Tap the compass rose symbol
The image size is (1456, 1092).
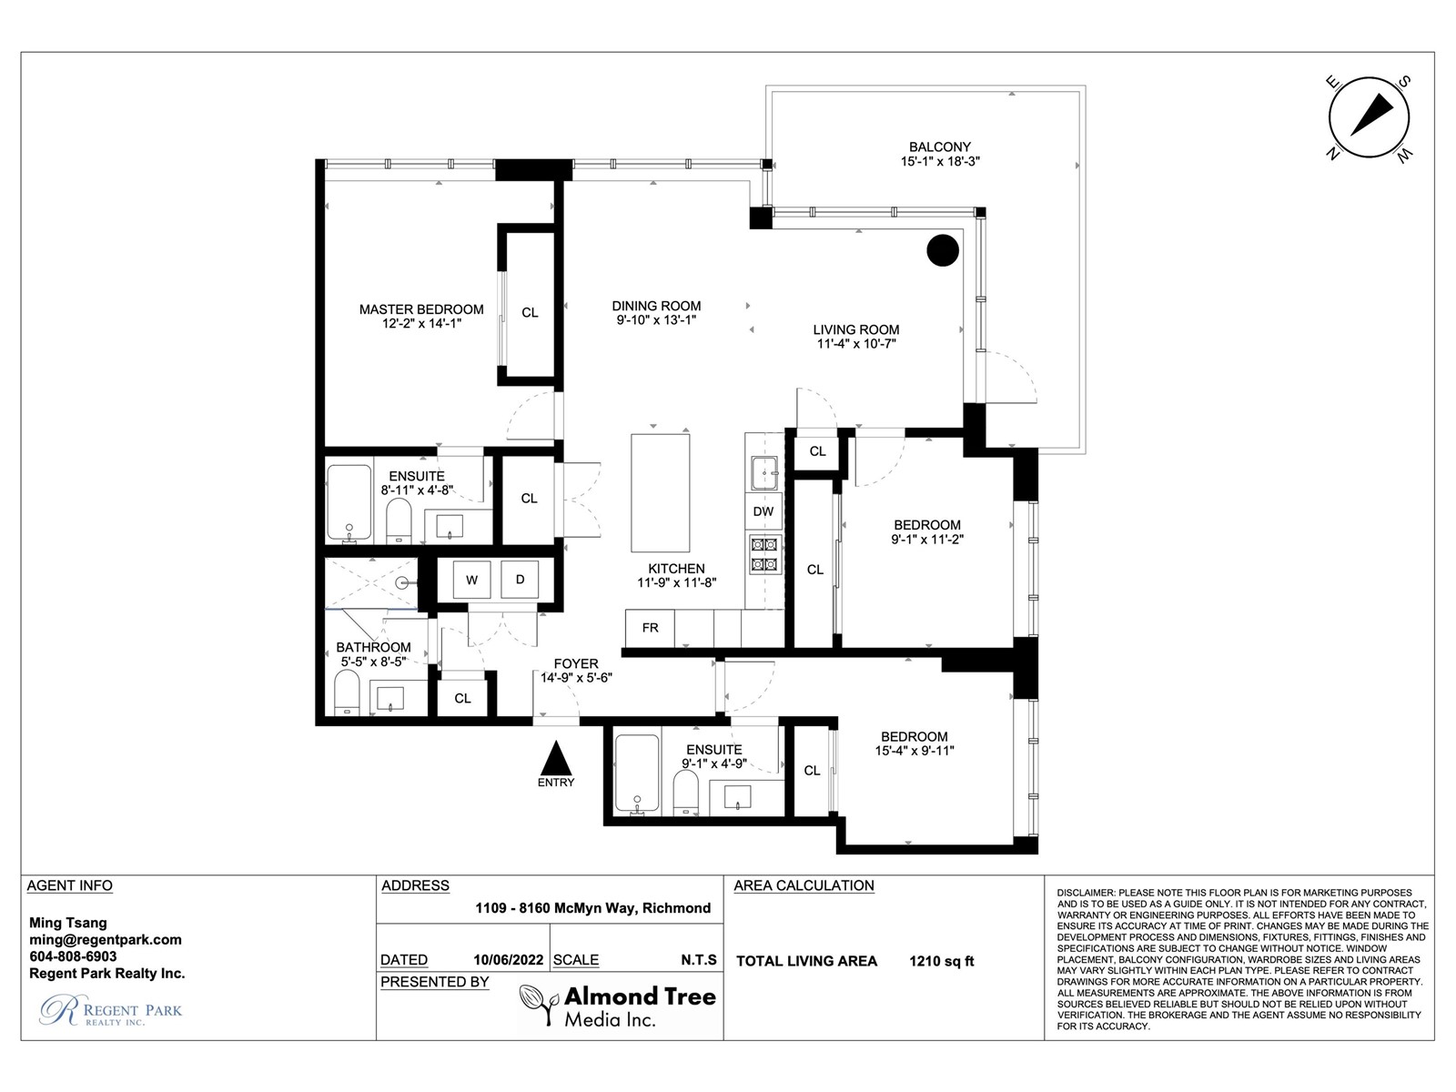click(1369, 118)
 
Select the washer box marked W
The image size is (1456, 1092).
click(471, 581)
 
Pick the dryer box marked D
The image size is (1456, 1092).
click(520, 580)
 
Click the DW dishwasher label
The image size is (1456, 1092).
click(763, 511)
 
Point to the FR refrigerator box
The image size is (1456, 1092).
click(650, 628)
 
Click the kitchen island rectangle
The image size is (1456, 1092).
click(660, 492)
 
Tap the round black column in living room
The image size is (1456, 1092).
click(943, 250)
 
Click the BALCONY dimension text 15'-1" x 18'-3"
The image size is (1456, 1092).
click(940, 161)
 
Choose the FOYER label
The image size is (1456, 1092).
click(576, 663)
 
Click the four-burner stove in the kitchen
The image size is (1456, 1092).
click(763, 554)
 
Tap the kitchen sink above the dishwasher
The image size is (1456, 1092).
click(764, 472)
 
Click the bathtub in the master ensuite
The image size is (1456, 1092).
click(349, 502)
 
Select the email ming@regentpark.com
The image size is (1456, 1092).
click(106, 939)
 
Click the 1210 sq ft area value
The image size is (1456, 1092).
click(941, 961)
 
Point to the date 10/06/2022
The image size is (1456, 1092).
click(508, 960)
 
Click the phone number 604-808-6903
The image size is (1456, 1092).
click(73, 956)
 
